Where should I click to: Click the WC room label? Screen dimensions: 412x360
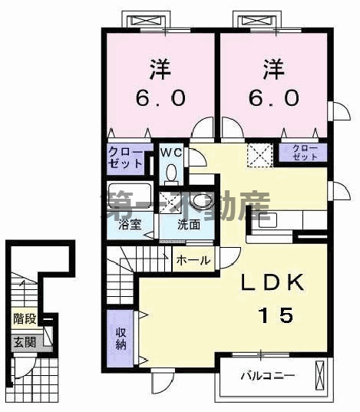[x=170, y=152]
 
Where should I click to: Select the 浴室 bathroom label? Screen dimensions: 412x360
[x=129, y=225]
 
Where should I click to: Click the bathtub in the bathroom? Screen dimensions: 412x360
[x=128, y=201]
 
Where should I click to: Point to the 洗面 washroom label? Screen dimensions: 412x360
[x=190, y=226]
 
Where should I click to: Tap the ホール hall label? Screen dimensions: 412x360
[x=193, y=260]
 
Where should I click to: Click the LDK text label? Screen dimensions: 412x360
[x=269, y=282]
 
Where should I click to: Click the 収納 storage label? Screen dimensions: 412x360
[x=121, y=338]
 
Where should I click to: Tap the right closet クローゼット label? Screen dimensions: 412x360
[x=305, y=153]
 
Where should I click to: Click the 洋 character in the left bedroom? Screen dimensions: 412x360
[x=160, y=70]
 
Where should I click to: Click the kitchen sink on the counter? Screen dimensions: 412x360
[x=267, y=220]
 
